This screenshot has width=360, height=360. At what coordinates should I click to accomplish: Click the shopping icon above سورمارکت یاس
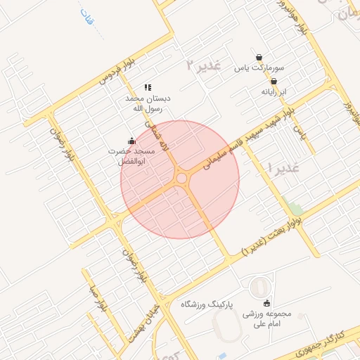pos(259,58)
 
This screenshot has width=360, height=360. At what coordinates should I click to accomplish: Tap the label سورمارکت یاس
pos(259,69)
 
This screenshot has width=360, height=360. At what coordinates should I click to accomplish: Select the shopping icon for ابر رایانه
pos(274,81)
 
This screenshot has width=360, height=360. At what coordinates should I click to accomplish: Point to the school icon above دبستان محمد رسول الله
pos(148,87)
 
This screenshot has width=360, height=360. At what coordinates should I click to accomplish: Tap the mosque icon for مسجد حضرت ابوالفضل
pos(131,141)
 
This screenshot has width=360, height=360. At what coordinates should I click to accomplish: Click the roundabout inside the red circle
pos(182,179)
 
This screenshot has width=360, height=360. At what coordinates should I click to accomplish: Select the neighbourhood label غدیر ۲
pos(204,65)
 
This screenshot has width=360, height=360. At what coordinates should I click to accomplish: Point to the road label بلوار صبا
pos(96,300)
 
